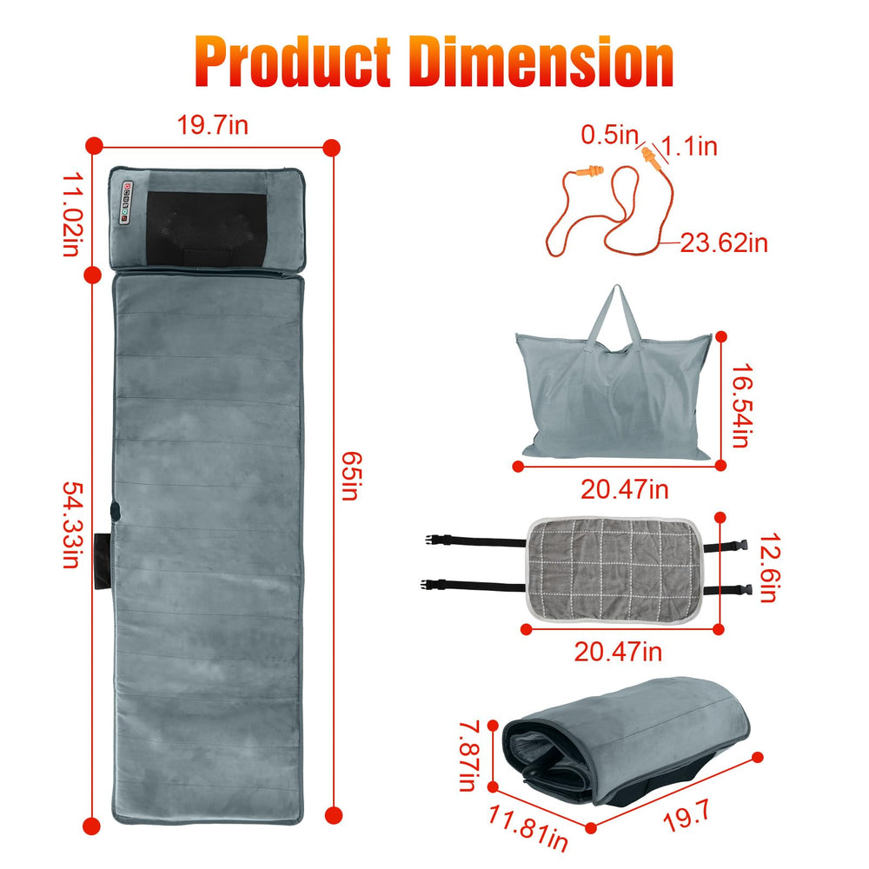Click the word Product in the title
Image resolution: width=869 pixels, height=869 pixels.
click(293, 61)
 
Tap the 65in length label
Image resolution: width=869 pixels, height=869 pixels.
click(351, 475)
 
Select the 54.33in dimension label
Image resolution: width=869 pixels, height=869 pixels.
click(73, 525)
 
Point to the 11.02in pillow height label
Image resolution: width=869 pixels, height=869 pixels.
click(73, 215)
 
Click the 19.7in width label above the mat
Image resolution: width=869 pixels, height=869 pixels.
click(212, 124)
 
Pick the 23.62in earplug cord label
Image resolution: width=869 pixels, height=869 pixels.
click(724, 242)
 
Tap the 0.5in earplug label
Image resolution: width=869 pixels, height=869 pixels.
click(610, 135)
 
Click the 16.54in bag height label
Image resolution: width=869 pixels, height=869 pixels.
click(742, 405)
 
